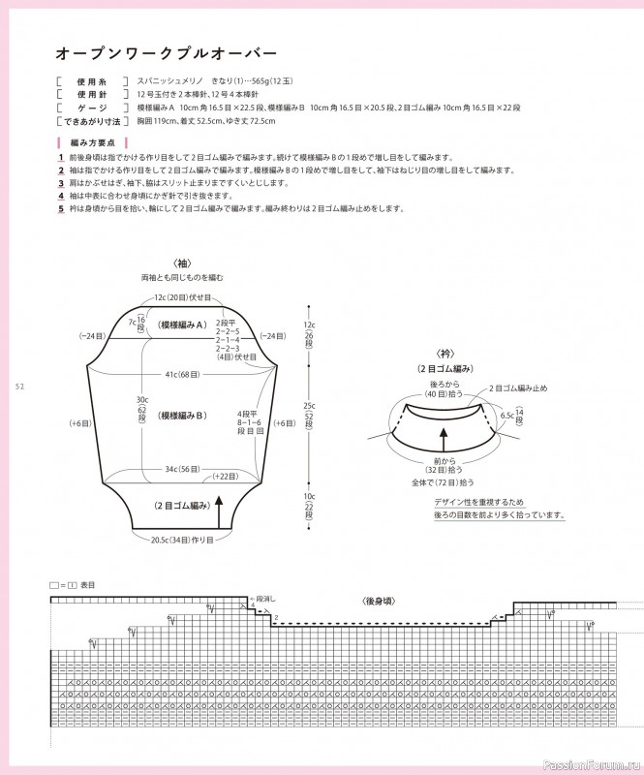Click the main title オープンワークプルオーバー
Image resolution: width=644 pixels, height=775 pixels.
[x=166, y=50]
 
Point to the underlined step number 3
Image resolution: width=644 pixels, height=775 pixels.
[x=61, y=182]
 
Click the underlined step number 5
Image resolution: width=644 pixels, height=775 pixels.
[x=61, y=208]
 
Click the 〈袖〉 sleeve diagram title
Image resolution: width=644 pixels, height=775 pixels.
[x=181, y=263]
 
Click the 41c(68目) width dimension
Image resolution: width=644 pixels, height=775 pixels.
[x=182, y=373]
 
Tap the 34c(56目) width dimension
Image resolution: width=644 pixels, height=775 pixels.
[x=182, y=469]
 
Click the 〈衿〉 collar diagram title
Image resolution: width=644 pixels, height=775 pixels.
[x=445, y=354]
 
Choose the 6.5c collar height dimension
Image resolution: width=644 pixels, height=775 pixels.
[x=506, y=415]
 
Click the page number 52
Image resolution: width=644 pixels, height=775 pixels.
[x=19, y=387]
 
